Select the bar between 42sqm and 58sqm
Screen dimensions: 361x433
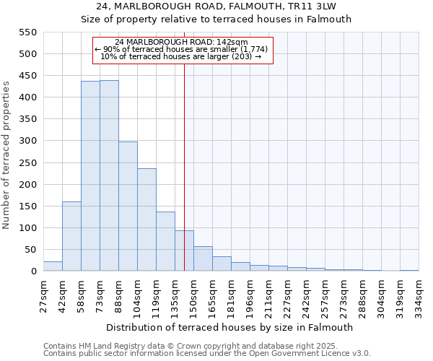[71, 236]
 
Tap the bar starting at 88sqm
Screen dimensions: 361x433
[128, 206]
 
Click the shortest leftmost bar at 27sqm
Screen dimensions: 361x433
[53, 266]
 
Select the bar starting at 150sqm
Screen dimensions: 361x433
[203, 258]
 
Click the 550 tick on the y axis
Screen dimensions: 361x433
[27, 32]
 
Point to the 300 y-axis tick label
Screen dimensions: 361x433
[27, 141]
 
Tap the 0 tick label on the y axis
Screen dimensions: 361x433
[33, 271]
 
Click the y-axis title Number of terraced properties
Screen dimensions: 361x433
[6, 155]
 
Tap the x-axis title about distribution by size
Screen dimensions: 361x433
[229, 327]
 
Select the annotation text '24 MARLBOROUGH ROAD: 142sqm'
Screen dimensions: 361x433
[181, 42]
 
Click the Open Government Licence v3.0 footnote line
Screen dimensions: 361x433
[207, 353]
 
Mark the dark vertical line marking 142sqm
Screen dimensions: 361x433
[184, 180]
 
